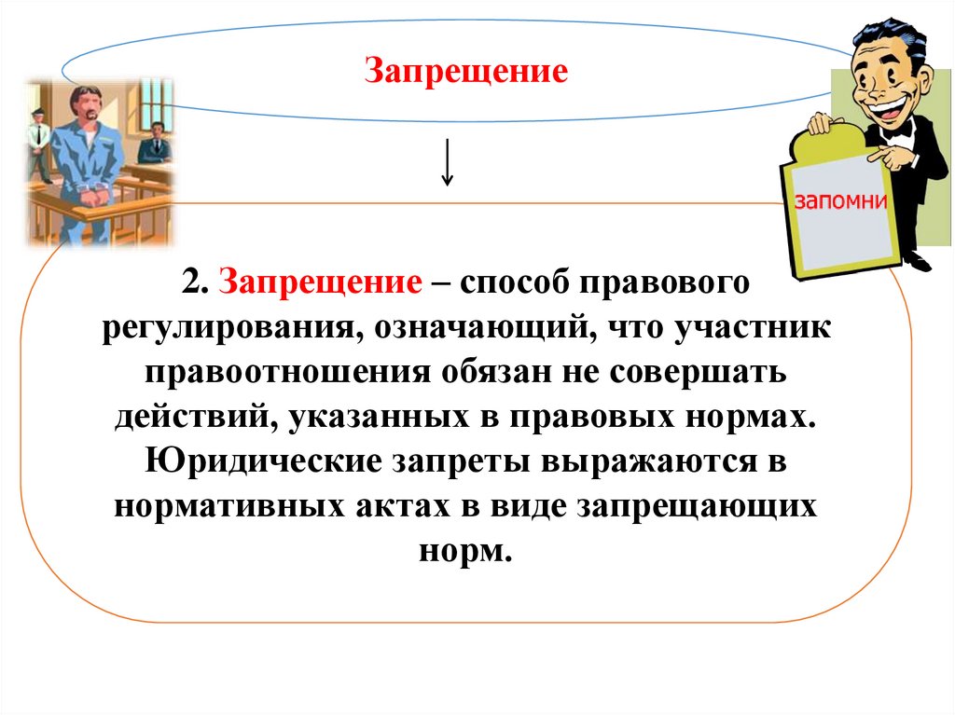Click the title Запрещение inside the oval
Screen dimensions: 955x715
(x=465, y=73)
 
